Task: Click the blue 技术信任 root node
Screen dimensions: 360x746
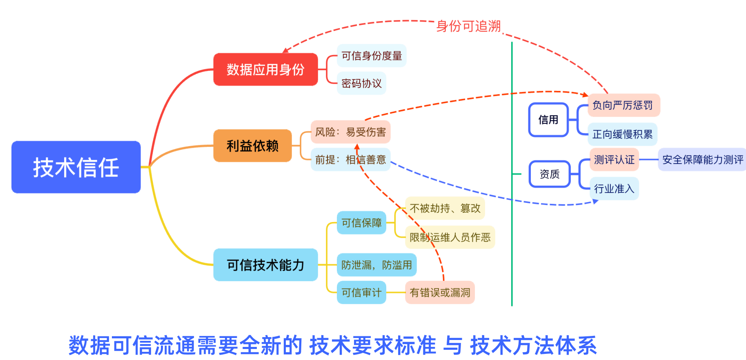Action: pyautogui.click(x=76, y=167)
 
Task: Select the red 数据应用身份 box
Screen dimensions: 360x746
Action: pyautogui.click(x=265, y=69)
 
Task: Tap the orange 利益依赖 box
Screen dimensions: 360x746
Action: pyautogui.click(x=252, y=146)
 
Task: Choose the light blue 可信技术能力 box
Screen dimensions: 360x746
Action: pyautogui.click(x=265, y=265)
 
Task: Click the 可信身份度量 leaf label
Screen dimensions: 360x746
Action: pyautogui.click(x=372, y=56)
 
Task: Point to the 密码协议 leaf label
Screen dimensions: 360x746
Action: pyautogui.click(x=361, y=84)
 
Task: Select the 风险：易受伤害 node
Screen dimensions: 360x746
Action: pyautogui.click(x=350, y=132)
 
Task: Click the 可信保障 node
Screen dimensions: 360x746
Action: pyautogui.click(x=361, y=223)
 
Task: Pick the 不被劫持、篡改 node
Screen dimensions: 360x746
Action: pyautogui.click(x=445, y=208)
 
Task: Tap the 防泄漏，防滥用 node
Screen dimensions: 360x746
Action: pyautogui.click(x=376, y=265)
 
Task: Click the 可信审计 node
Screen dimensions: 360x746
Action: pyautogui.click(x=361, y=292)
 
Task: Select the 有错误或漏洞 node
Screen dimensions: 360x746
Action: pyautogui.click(x=440, y=292)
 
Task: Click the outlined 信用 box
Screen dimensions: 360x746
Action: pyautogui.click(x=548, y=120)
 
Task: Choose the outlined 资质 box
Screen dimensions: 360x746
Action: pyautogui.click(x=550, y=174)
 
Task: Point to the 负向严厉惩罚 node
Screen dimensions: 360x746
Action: pyautogui.click(x=623, y=105)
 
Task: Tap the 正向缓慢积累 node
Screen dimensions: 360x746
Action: pyautogui.click(x=622, y=134)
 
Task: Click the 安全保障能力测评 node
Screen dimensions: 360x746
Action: pyautogui.click(x=702, y=160)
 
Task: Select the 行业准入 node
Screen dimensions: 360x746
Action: pyautogui.click(x=614, y=189)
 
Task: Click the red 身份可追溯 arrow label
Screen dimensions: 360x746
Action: pyautogui.click(x=468, y=26)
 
